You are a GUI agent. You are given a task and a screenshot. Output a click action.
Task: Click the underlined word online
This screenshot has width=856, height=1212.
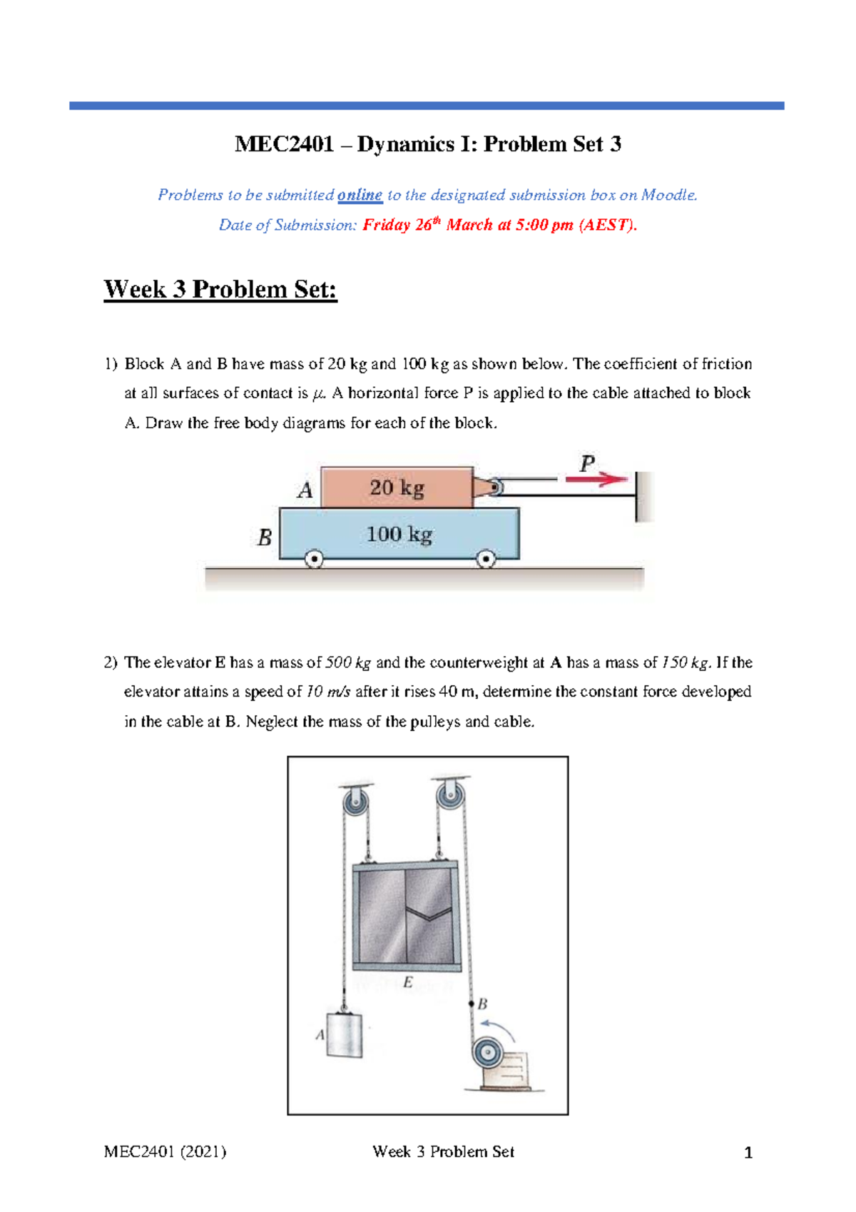(360, 195)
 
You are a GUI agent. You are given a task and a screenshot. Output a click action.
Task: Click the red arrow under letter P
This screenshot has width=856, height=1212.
(596, 480)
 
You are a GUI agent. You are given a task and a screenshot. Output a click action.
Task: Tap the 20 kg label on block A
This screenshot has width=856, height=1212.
(397, 488)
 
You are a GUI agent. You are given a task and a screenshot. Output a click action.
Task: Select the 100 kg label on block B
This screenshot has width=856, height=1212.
(399, 535)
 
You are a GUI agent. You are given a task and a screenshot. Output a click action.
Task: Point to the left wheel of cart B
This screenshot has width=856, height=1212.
(314, 560)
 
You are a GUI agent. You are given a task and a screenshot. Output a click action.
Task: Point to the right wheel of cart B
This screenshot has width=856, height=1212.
(486, 559)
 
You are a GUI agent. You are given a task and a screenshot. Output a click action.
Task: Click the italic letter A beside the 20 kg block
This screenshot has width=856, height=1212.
(305, 490)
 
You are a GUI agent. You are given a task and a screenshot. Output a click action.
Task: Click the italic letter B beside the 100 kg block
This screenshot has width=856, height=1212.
(265, 537)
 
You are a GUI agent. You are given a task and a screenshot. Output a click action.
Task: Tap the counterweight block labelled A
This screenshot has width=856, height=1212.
(344, 1036)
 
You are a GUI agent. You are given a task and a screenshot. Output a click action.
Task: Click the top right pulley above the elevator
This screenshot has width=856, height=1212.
(450, 796)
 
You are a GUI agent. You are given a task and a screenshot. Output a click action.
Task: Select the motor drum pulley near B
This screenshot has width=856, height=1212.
(486, 1052)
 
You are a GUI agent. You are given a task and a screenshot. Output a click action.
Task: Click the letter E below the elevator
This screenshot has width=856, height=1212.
(407, 983)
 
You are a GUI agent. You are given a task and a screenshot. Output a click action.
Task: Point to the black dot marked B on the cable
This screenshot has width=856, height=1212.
(472, 1004)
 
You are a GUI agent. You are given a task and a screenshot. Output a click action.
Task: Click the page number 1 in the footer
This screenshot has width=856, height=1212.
(748, 1152)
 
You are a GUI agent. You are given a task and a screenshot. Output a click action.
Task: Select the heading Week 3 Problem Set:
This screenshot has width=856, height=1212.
(220, 290)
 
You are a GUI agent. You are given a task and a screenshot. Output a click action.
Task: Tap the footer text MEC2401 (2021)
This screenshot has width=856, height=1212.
(165, 1151)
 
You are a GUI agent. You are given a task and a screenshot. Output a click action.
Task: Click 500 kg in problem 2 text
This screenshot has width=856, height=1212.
(347, 662)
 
